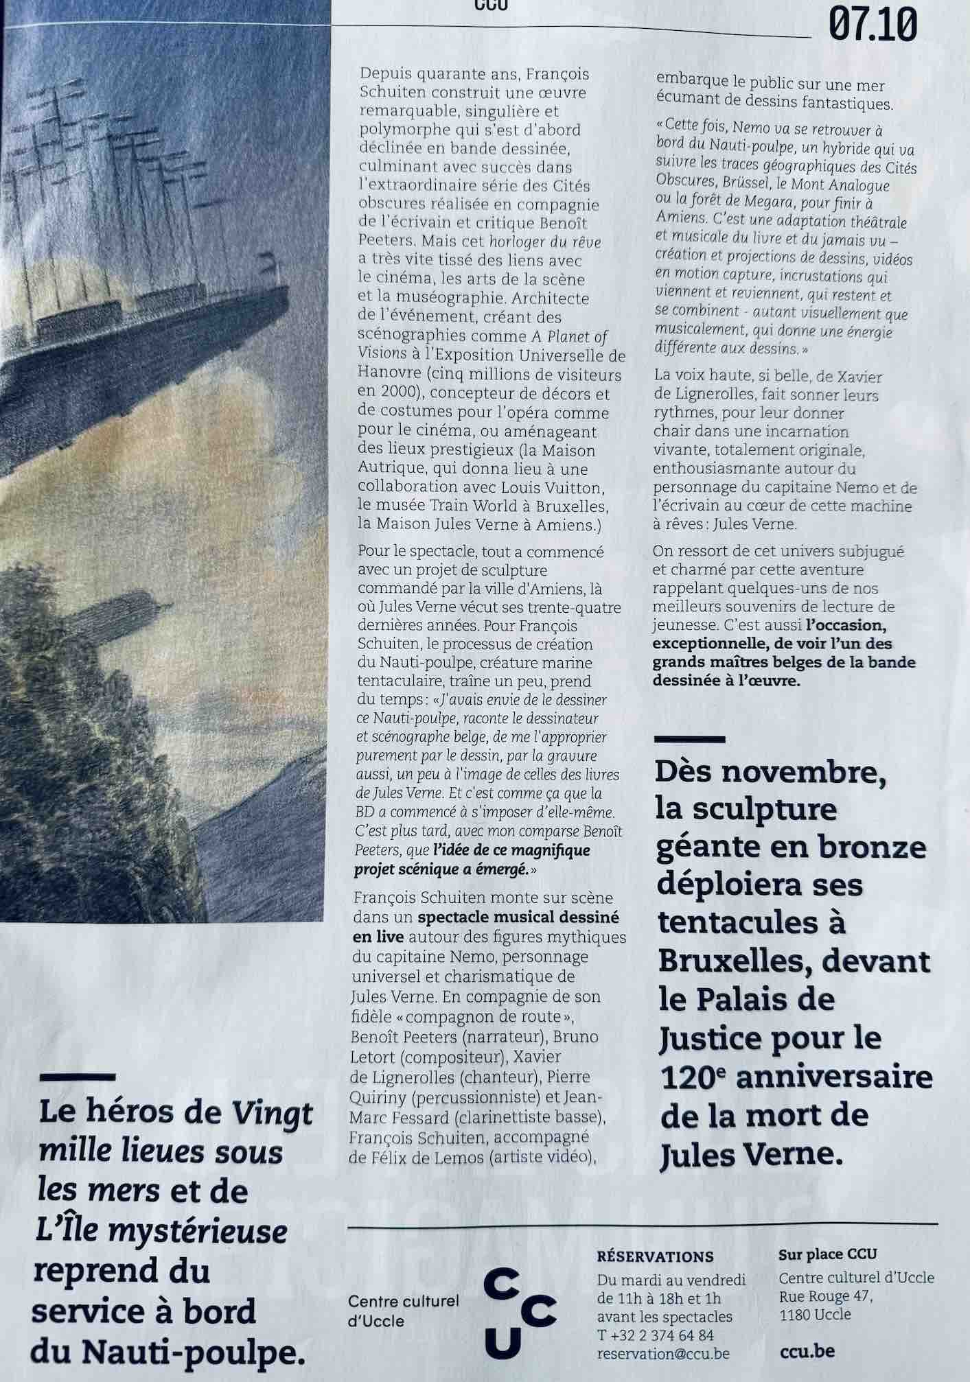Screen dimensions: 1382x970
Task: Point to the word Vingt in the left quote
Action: pyautogui.click(x=278, y=1112)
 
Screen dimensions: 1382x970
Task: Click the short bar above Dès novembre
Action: pyautogui.click(x=689, y=739)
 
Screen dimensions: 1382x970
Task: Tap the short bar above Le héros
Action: pyautogui.click(x=78, y=1077)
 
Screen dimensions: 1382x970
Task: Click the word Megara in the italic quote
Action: pyautogui.click(x=760, y=204)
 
